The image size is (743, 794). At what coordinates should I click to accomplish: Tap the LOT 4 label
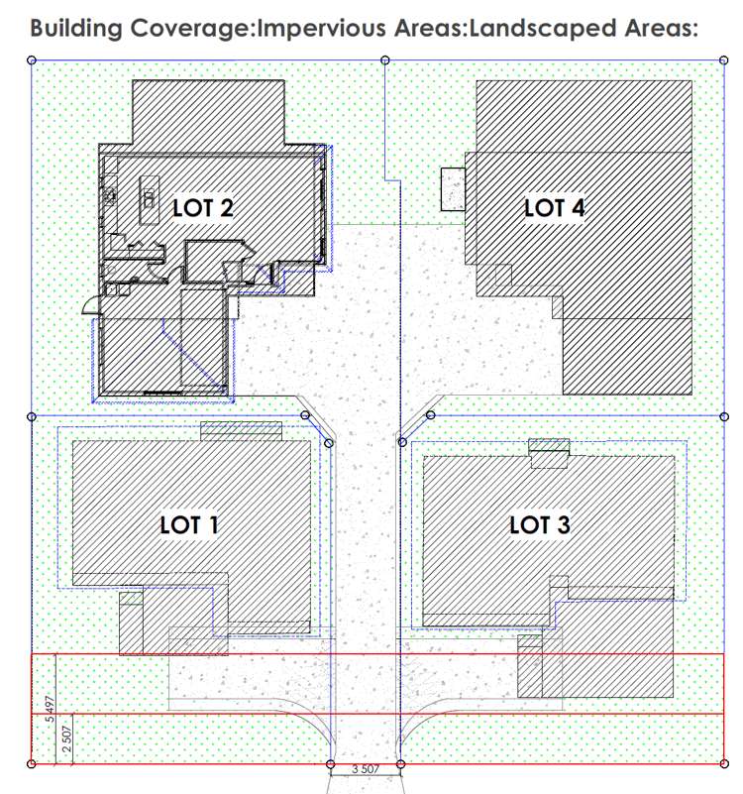tap(554, 207)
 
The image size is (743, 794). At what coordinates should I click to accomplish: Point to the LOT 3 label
tap(539, 525)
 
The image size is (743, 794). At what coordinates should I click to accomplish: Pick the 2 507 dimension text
tap(66, 739)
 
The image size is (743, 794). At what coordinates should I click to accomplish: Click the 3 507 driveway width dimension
tap(366, 768)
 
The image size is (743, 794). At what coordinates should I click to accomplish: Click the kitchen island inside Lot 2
tap(149, 195)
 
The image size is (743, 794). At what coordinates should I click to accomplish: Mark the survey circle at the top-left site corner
tap(32, 61)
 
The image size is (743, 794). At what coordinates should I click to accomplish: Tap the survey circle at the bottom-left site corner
tap(32, 763)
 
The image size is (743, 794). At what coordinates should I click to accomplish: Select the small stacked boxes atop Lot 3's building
tap(549, 452)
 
